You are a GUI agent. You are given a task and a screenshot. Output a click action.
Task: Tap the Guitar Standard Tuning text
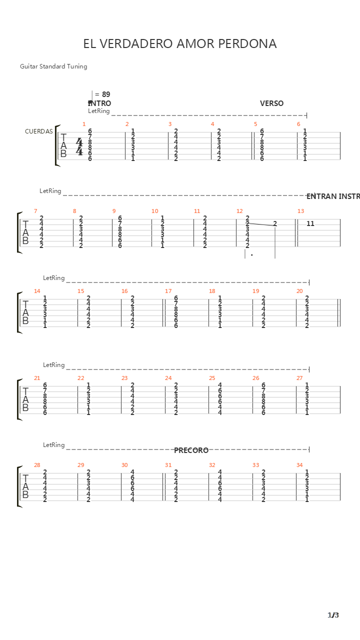click(x=53, y=66)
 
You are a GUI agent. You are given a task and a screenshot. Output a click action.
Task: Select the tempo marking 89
click(x=105, y=94)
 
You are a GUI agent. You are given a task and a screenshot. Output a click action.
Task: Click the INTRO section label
click(x=99, y=103)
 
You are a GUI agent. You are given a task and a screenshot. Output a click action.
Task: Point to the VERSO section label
click(x=271, y=103)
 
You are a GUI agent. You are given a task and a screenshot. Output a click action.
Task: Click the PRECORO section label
click(x=191, y=450)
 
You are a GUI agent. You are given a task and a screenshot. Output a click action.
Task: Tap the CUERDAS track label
click(x=38, y=131)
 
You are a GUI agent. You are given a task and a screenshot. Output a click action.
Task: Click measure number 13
click(x=300, y=211)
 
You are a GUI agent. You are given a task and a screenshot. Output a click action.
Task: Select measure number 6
click(x=298, y=124)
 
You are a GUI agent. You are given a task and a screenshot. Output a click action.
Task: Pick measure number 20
click(x=299, y=291)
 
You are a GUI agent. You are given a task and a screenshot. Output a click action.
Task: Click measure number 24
click(x=168, y=378)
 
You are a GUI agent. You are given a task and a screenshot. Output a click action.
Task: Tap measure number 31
click(x=168, y=465)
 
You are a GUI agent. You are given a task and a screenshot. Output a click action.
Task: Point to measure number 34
click(x=299, y=465)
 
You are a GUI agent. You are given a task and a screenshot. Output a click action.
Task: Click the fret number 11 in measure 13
click(x=310, y=223)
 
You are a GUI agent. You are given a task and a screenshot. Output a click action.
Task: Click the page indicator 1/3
click(x=333, y=615)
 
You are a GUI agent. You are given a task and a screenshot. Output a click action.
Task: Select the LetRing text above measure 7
click(x=50, y=191)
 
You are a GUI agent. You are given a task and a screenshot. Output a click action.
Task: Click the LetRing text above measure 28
click(x=53, y=445)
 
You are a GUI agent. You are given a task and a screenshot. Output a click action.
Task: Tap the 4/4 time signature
click(x=79, y=146)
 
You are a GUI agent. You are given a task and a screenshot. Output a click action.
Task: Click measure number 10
click(x=155, y=211)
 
